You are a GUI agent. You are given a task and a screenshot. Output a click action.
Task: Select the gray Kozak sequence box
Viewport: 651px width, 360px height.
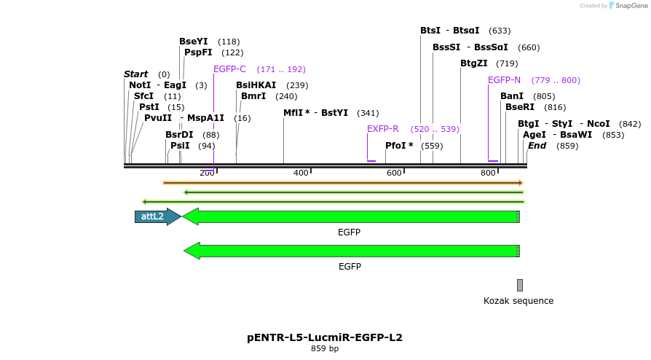coord(520,285)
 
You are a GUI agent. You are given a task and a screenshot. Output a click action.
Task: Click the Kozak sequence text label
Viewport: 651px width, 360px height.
coord(518,301)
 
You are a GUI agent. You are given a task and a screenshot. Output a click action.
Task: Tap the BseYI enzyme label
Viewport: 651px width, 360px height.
coord(194,42)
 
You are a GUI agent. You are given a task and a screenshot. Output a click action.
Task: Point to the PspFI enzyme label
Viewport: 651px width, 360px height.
coord(198,52)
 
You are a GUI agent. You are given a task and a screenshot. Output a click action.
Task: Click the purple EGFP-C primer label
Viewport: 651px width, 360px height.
coord(229,69)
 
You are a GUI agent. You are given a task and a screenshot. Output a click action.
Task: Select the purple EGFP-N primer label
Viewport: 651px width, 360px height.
coord(504,80)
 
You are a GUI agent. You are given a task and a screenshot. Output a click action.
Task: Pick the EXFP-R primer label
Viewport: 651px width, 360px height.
coord(382,129)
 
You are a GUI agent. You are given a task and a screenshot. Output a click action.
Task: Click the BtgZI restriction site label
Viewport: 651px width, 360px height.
coord(474,63)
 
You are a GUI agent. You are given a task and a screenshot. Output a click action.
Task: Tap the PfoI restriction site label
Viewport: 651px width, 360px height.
coord(399,146)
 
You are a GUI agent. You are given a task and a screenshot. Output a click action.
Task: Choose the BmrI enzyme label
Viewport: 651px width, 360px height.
coord(253,96)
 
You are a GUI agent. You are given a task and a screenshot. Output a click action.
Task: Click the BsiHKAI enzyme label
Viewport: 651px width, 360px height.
coord(256,85)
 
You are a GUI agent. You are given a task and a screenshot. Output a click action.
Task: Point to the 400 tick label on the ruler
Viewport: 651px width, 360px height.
coord(301,173)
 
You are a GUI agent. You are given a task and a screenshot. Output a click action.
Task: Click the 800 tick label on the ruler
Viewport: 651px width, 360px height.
coord(488,173)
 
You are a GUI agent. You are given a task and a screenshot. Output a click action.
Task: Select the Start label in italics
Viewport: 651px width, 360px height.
coord(135,74)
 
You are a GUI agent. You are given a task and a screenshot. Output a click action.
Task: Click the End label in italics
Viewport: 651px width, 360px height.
coord(537,146)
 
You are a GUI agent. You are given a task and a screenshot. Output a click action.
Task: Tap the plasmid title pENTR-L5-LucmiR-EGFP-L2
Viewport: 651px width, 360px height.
coord(325,337)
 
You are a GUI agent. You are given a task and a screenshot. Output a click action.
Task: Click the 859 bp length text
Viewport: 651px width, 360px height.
coord(325,349)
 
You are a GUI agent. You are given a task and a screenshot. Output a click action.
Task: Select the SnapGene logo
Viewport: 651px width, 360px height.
coord(628,6)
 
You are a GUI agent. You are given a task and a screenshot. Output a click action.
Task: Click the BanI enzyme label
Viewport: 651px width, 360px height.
coord(512,96)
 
